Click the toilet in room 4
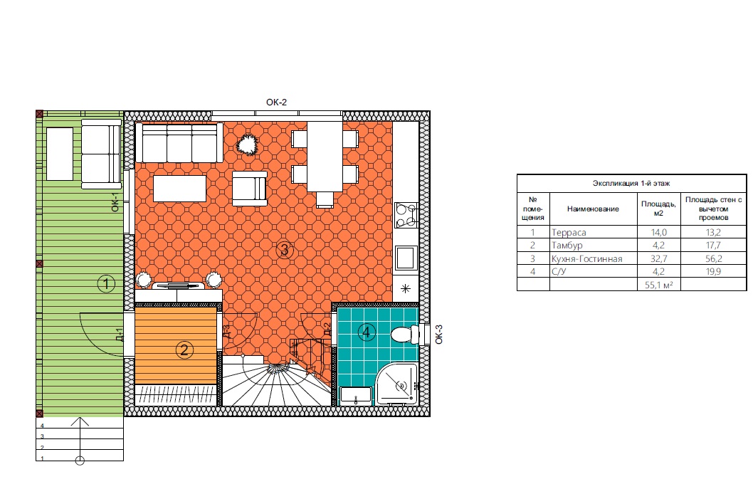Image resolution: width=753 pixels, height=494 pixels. click(x=405, y=334)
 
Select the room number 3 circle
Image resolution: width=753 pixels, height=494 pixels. click(x=285, y=250)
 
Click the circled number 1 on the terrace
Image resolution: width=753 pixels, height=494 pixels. click(x=105, y=283)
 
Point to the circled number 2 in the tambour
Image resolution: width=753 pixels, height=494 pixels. click(x=184, y=350)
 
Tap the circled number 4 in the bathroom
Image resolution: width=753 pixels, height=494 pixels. click(x=367, y=332)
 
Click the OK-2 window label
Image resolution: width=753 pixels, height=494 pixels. click(x=277, y=103)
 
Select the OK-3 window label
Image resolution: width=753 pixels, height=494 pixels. click(x=438, y=334)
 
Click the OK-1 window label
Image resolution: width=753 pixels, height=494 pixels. click(x=115, y=202)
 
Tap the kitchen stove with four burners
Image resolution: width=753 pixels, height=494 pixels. click(x=406, y=215)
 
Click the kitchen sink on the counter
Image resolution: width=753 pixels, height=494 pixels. click(x=406, y=258)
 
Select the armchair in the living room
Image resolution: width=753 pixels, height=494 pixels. click(x=250, y=189)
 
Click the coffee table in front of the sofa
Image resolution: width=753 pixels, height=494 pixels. click(x=179, y=188)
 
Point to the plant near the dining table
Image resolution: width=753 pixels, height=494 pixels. click(x=247, y=144)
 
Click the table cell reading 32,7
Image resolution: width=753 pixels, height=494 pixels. click(x=658, y=259)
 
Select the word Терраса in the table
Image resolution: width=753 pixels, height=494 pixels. click(x=569, y=232)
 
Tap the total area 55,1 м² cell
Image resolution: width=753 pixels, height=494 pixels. click(x=658, y=285)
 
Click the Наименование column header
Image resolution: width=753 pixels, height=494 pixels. click(x=593, y=209)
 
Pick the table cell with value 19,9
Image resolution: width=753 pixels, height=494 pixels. click(x=713, y=272)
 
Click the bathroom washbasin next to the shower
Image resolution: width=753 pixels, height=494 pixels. click(x=356, y=395)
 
